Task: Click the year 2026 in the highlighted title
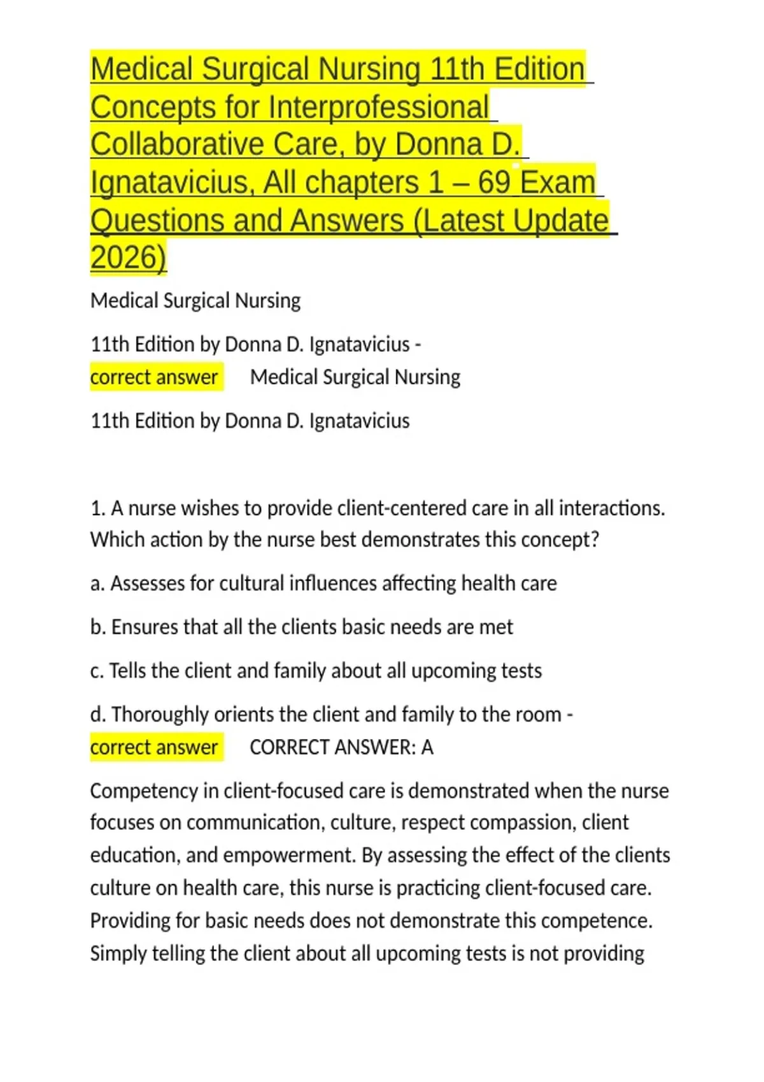pos(127,258)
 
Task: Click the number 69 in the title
pos(494,183)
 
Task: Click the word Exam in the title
pos(558,183)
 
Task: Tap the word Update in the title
pos(561,221)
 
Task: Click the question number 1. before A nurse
pos(97,509)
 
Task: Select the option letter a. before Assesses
pos(97,584)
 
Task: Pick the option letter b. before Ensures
pos(97,627)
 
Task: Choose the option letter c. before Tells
pos(97,671)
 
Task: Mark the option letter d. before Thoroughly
pos(97,715)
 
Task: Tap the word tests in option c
pos(520,671)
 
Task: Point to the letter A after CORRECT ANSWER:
pos(427,747)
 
